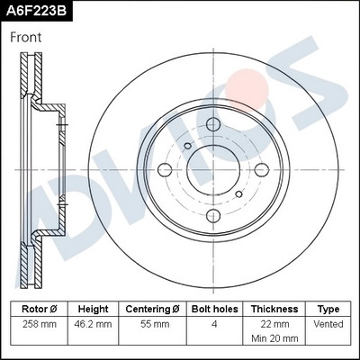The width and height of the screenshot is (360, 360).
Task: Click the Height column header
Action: [93, 309]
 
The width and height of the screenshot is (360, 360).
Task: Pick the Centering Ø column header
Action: [156, 309]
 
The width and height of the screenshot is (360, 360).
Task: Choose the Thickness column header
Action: [274, 309]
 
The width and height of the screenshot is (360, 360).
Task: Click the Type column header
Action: [328, 309]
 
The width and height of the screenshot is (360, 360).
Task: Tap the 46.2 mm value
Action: [93, 323]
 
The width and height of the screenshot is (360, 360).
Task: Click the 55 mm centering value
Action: [156, 323]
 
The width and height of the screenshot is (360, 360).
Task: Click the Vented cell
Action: [328, 323]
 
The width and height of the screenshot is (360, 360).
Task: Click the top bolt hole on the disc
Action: [213, 124]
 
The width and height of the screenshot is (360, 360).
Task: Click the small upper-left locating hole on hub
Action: [187, 147]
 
